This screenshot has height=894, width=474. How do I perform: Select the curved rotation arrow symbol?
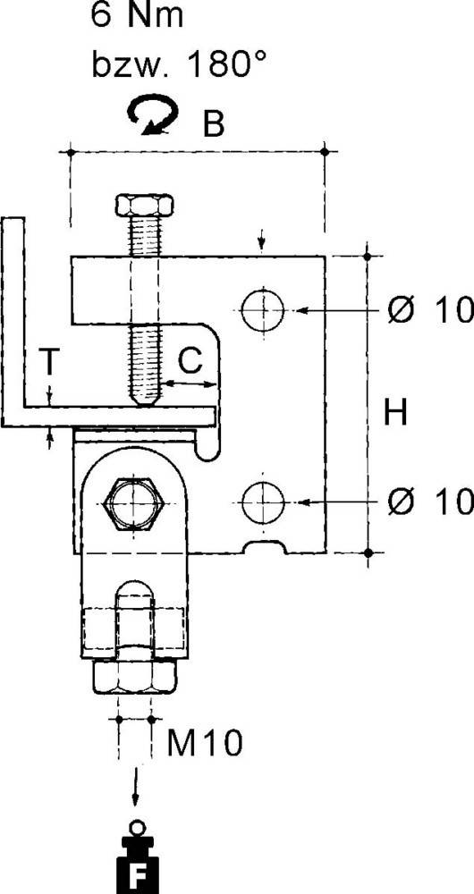click(153, 114)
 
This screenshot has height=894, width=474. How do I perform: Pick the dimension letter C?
click(190, 359)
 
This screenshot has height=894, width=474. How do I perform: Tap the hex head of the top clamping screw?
click(144, 205)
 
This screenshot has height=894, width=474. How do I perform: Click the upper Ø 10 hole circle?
click(262, 310)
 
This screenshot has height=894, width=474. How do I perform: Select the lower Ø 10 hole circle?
click(262, 502)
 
